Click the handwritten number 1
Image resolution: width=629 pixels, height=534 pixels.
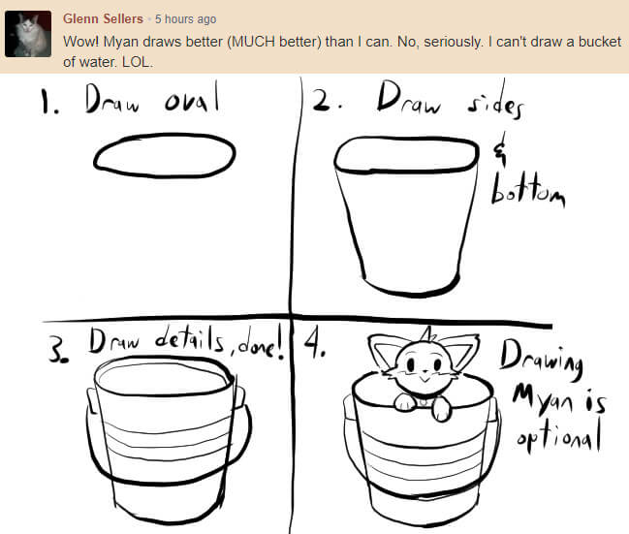click(x=47, y=101)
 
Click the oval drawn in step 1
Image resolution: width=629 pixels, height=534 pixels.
click(x=164, y=156)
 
